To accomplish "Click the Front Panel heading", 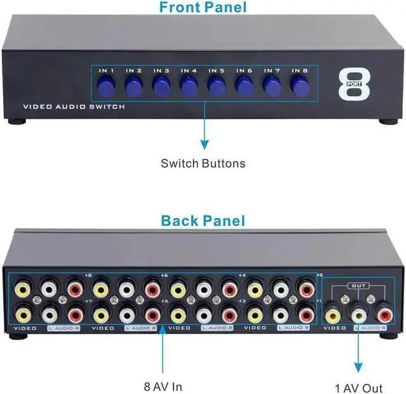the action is tap(202, 8).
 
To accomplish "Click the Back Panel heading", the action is tap(202, 221).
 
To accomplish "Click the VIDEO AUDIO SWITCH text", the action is tap(74, 107).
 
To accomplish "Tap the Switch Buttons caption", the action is tap(202, 163).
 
